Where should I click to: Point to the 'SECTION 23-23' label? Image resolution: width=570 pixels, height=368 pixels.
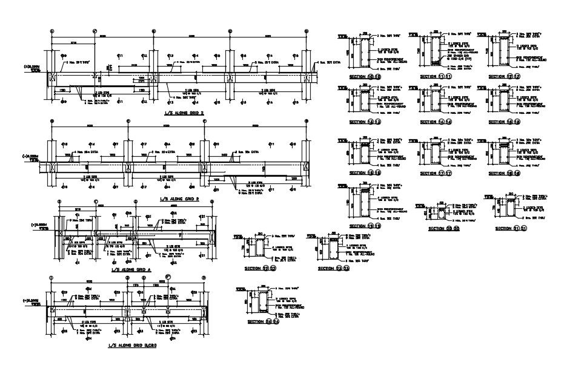334,268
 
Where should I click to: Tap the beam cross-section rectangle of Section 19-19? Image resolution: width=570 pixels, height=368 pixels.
363,204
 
